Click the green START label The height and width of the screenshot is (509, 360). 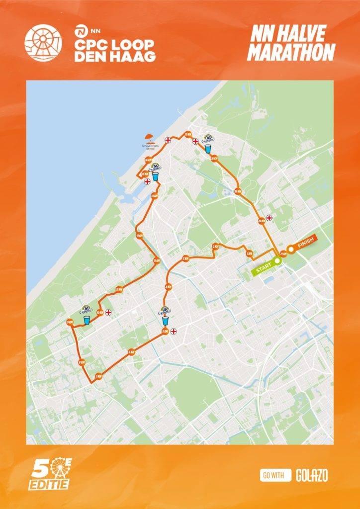click(x=264, y=269)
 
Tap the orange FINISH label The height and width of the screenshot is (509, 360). click(x=303, y=245)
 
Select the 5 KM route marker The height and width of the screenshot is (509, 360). click(x=165, y=332)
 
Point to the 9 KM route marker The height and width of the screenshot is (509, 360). click(x=69, y=322)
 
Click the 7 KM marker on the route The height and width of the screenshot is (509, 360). click(x=98, y=376)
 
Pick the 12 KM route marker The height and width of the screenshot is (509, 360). click(x=157, y=260)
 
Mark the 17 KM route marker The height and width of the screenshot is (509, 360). click(x=188, y=135)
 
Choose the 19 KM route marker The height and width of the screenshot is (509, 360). click(x=238, y=191)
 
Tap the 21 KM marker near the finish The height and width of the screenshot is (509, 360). click(x=283, y=253)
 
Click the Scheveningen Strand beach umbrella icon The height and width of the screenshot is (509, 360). click(x=148, y=138)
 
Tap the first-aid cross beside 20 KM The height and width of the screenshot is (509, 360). click(x=269, y=217)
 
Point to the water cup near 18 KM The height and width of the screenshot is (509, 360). click(x=208, y=149)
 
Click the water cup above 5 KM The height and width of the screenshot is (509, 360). click(x=165, y=321)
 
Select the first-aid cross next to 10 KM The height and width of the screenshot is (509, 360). click(x=108, y=312)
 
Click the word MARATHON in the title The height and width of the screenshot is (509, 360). click(x=291, y=52)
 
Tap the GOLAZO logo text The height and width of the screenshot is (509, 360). click(x=312, y=475)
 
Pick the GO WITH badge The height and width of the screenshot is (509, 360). click(x=275, y=475)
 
